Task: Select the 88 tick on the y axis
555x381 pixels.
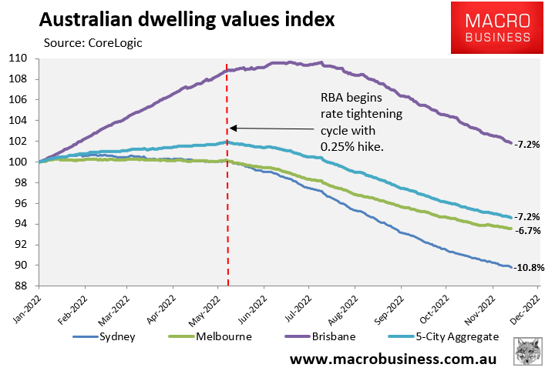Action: pos(20,286)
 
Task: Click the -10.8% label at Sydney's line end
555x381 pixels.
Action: pos(530,268)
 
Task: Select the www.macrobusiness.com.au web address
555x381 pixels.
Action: pos(393,360)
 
